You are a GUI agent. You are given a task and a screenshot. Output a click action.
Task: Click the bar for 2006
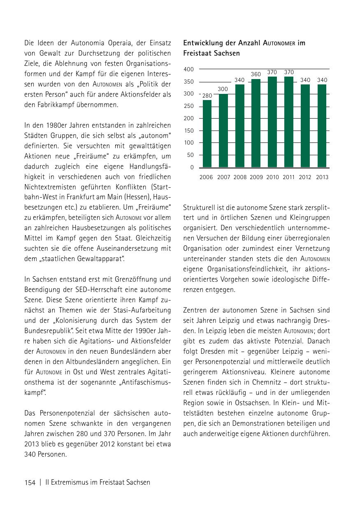coord(207,133)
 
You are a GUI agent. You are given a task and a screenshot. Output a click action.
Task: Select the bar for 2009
coord(256,123)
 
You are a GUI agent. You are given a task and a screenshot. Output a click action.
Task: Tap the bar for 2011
coord(289,122)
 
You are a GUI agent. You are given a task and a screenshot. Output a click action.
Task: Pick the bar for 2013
coord(322,126)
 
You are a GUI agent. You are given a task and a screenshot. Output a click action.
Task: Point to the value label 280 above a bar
coord(207,96)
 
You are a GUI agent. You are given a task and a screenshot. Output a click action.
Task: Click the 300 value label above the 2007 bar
coord(223,89)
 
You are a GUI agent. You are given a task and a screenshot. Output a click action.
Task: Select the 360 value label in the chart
coord(256,75)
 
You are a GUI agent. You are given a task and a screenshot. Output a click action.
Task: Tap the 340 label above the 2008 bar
coord(239,80)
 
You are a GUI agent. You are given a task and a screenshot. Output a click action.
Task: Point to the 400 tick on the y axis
coord(189,69)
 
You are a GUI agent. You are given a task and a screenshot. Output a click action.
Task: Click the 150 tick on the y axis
coord(189,131)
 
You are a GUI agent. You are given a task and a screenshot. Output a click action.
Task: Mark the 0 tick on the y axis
coord(192,168)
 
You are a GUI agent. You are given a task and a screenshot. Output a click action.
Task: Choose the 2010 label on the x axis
coord(272,177)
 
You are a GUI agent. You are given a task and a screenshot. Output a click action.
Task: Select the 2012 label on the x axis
coord(305,177)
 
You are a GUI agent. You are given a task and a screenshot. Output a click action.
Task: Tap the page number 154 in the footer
coord(30,482)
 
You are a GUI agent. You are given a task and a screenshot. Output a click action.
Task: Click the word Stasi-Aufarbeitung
coord(142,310)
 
